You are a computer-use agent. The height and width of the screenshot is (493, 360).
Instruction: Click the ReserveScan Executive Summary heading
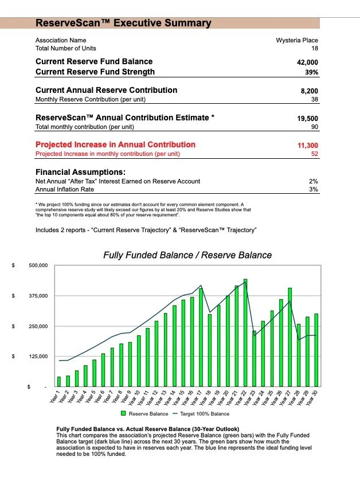pyautogui.click(x=123, y=24)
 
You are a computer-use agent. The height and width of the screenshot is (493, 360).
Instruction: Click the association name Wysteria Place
pyautogui.click(x=296, y=41)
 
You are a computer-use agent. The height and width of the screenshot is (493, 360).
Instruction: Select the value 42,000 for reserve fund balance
pyautogui.click(x=306, y=62)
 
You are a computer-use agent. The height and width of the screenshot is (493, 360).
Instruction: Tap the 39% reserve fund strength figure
pyautogui.click(x=311, y=72)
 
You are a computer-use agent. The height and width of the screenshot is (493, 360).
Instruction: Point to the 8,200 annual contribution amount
pyautogui.click(x=309, y=91)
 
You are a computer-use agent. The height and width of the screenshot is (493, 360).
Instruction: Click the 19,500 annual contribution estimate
pyautogui.click(x=307, y=118)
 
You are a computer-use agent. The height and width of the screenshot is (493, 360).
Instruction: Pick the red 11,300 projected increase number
pyautogui.click(x=307, y=146)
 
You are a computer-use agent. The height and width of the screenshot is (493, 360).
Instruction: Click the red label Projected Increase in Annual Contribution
pyautogui.click(x=115, y=144)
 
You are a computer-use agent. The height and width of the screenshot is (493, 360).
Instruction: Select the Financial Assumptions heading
pyautogui.click(x=80, y=172)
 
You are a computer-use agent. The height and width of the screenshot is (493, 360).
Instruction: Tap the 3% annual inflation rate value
pyautogui.click(x=313, y=189)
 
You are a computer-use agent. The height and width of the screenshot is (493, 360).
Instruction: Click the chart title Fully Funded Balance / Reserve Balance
pyautogui.click(x=187, y=255)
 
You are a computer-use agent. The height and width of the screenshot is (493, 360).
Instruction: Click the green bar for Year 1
pyautogui.click(x=59, y=381)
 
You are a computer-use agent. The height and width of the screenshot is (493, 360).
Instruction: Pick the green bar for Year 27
pyautogui.click(x=290, y=337)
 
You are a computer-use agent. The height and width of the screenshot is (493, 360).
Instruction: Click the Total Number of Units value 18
pyautogui.click(x=314, y=49)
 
